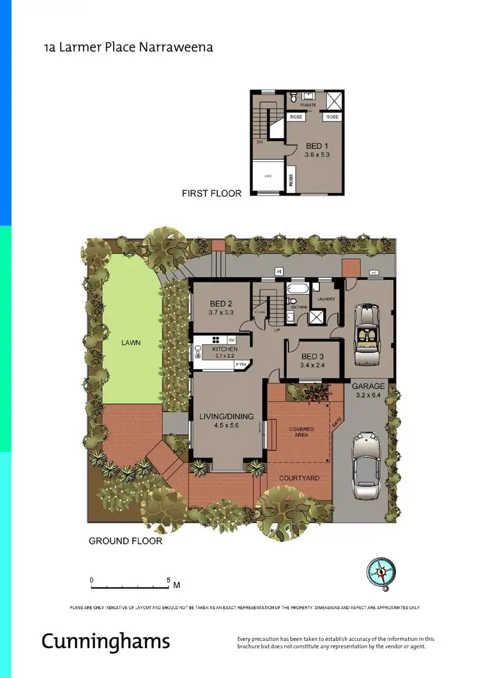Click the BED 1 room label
(314, 146)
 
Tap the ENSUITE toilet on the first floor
(293, 98)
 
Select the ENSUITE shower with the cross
(334, 100)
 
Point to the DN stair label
(260, 142)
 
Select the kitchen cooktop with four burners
(217, 339)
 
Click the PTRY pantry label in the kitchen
(241, 364)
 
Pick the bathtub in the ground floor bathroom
(298, 299)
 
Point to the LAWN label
(131, 343)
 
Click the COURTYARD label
(300, 477)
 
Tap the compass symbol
(381, 571)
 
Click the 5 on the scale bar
(169, 580)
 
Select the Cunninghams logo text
(106, 640)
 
